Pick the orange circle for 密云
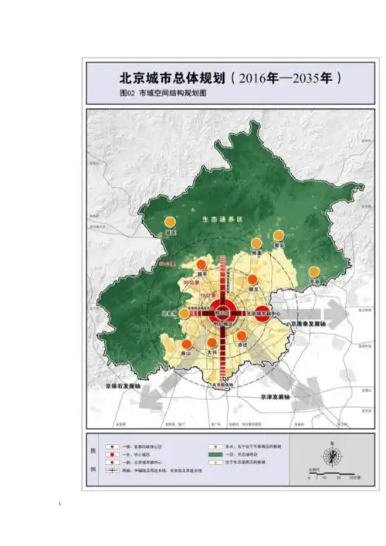pyautogui.click(x=279, y=235)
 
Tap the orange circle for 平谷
pyautogui.click(x=314, y=272)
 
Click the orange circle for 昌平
pyautogui.click(x=201, y=265)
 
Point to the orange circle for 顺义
pyautogui.click(x=252, y=282)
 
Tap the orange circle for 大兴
pyautogui.click(x=212, y=343)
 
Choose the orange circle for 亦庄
pyautogui.click(x=242, y=337)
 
